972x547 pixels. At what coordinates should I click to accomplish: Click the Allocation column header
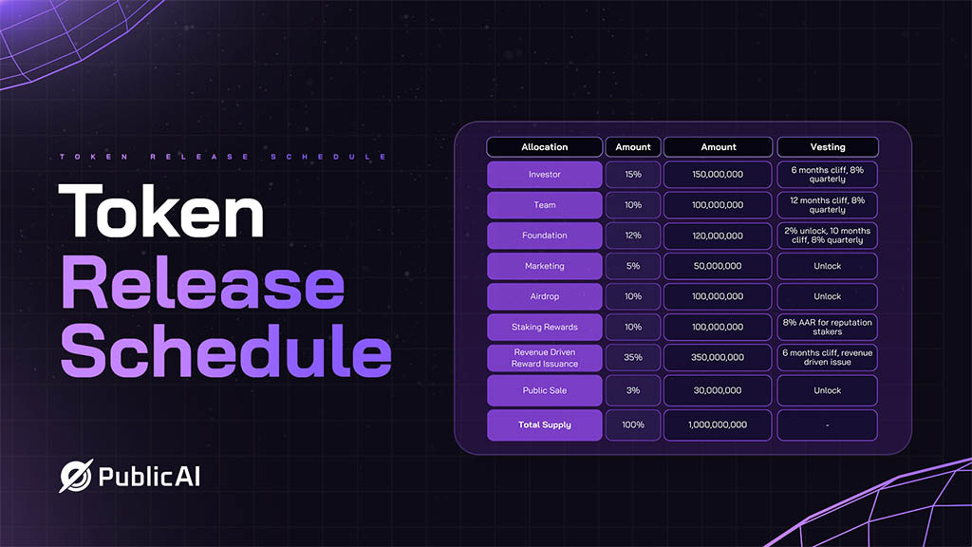point(544,147)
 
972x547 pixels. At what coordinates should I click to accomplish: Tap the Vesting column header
point(828,147)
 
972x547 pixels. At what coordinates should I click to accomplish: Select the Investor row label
point(544,175)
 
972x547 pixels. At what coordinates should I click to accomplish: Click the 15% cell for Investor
point(633,175)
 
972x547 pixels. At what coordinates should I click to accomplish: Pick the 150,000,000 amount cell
point(718,175)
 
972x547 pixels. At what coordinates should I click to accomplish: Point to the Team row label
point(544,205)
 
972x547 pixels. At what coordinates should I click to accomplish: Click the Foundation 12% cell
point(633,236)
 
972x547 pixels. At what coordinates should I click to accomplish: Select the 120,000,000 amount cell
point(718,236)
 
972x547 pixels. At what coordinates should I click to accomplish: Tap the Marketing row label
point(544,266)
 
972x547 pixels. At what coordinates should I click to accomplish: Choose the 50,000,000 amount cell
point(718,266)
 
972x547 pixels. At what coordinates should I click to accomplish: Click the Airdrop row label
point(544,296)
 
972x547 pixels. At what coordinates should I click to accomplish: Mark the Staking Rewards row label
point(544,327)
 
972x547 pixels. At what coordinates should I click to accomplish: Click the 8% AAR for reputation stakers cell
point(828,327)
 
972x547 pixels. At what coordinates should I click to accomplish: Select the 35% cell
point(633,357)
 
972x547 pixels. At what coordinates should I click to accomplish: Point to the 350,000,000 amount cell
point(718,357)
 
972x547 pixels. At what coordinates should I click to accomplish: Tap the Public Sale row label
point(544,390)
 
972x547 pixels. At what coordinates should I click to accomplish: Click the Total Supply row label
point(544,424)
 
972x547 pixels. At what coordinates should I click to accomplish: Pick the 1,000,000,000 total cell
point(718,424)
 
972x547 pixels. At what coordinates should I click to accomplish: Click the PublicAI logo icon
point(76,477)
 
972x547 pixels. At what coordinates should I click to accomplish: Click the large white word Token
point(161,211)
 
